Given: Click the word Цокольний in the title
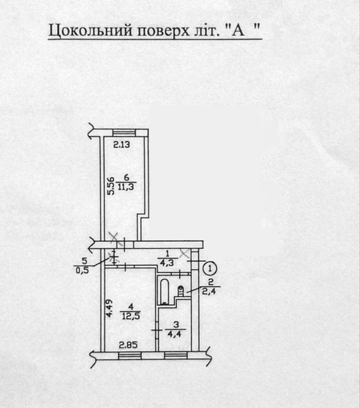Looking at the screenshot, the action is [x=90, y=31].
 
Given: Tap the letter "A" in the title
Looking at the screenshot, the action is [x=238, y=30].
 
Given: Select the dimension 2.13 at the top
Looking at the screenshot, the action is [x=121, y=145].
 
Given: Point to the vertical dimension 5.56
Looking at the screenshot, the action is [x=111, y=185].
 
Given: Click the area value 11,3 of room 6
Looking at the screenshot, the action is [x=126, y=187].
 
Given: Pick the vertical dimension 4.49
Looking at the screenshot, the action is [x=109, y=308].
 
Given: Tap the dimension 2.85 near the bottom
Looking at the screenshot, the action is [x=128, y=345].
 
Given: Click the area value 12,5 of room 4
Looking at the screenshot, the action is [x=131, y=316].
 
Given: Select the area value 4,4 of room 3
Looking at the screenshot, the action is [x=176, y=334].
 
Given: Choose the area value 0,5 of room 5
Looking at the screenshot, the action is [x=82, y=270].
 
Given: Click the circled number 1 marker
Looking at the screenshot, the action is [x=211, y=268].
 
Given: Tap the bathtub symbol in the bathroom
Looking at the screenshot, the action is [x=165, y=291].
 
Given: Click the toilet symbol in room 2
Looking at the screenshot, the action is [x=180, y=291].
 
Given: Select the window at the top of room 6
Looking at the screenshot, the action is [x=124, y=133].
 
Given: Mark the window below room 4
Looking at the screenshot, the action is [x=130, y=356].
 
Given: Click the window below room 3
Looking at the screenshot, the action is [x=176, y=356].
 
